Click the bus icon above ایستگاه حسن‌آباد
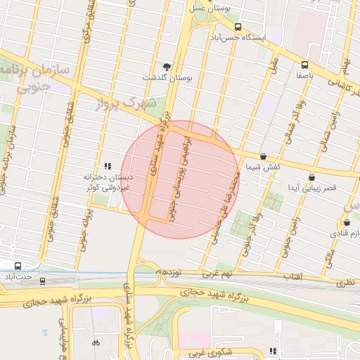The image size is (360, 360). [238, 27]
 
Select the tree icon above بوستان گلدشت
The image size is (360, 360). [167, 67]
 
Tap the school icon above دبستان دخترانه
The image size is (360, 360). [107, 166]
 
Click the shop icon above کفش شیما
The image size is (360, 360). [263, 157]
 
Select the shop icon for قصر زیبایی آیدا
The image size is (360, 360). [311, 178]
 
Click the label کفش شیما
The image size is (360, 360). [263, 167]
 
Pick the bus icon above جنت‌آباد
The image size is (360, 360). [18, 266]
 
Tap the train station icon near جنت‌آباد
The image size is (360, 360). [43, 281]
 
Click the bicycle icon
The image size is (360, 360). [96, 342]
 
